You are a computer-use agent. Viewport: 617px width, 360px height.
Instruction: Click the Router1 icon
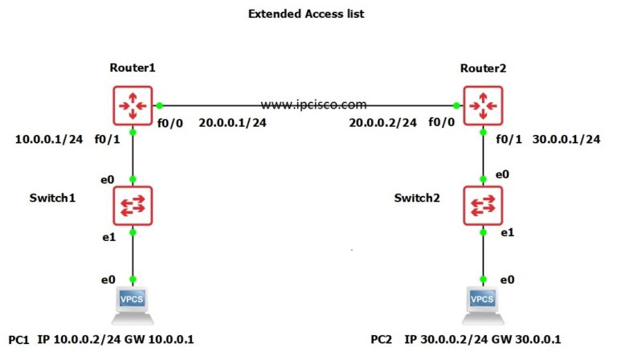133,104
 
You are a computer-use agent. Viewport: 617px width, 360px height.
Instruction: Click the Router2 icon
484,104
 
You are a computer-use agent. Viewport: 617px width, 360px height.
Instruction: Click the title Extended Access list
308,14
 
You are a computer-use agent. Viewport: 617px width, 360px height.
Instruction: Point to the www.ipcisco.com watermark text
313,104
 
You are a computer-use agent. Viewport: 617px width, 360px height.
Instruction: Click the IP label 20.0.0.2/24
382,123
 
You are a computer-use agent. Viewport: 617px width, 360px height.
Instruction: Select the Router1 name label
132,67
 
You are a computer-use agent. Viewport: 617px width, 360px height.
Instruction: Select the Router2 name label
484,67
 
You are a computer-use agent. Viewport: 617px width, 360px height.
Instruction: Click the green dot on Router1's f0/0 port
160,104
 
